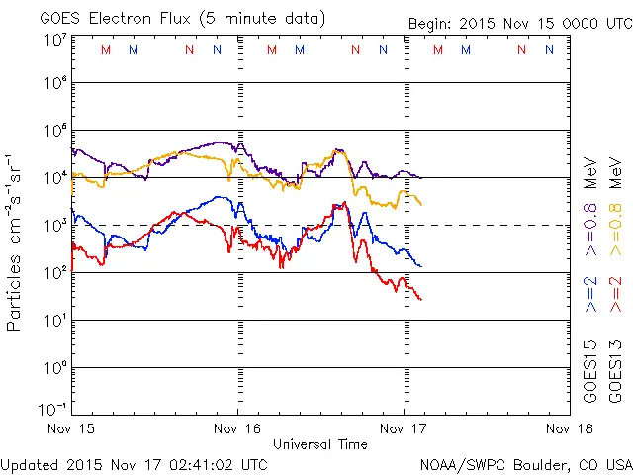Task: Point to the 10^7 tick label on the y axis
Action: pos(53,40)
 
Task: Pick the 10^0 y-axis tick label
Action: pos(53,368)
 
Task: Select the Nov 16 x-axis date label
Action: pos(237,428)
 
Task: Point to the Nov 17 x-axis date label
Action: pos(403,428)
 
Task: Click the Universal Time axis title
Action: pos(319,444)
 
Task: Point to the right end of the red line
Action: pos(421,298)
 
